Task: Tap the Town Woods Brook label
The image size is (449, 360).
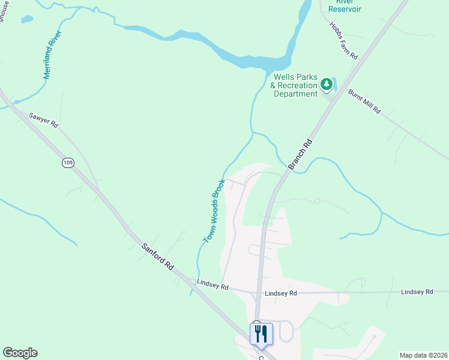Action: coord(214,211)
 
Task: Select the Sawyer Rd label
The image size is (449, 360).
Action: coord(44,119)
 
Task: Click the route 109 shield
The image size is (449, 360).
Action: coord(68,163)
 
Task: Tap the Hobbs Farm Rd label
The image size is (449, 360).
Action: coord(343,41)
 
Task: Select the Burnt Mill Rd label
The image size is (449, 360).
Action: coord(364,101)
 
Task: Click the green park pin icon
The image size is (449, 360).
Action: coord(327,84)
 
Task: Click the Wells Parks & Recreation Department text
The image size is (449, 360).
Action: coord(295,85)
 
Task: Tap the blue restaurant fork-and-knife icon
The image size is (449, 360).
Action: coord(261,333)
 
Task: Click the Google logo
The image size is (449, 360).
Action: coord(20,353)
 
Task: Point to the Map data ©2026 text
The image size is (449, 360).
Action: coord(423,355)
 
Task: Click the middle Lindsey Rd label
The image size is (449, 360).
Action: coord(281,293)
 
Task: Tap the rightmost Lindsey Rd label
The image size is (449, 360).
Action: coord(417,292)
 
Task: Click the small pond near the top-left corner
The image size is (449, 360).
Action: coord(26,19)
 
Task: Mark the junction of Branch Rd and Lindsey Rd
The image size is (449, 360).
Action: coord(259,293)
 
